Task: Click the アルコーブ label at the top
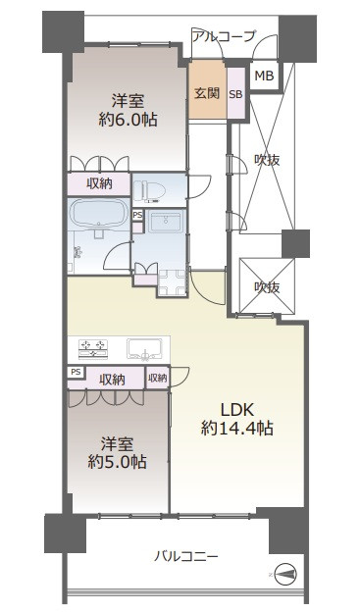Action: click(x=224, y=36)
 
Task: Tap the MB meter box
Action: click(x=264, y=76)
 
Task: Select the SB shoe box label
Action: click(x=235, y=94)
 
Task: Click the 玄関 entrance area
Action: click(x=207, y=93)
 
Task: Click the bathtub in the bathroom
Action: click(x=99, y=214)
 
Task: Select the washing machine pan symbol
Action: click(x=172, y=282)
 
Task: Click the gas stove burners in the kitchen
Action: click(x=93, y=348)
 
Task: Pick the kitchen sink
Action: click(x=144, y=348)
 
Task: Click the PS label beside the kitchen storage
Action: click(x=76, y=372)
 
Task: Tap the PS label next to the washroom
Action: click(x=137, y=215)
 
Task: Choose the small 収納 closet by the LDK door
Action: click(x=158, y=378)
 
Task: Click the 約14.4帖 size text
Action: click(x=237, y=429)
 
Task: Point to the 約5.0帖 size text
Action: click(x=117, y=462)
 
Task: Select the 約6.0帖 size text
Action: click(x=129, y=119)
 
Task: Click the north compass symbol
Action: click(x=285, y=574)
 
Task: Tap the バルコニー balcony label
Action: click(x=185, y=556)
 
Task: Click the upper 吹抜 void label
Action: click(x=267, y=160)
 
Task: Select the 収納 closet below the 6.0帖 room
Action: click(x=99, y=183)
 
